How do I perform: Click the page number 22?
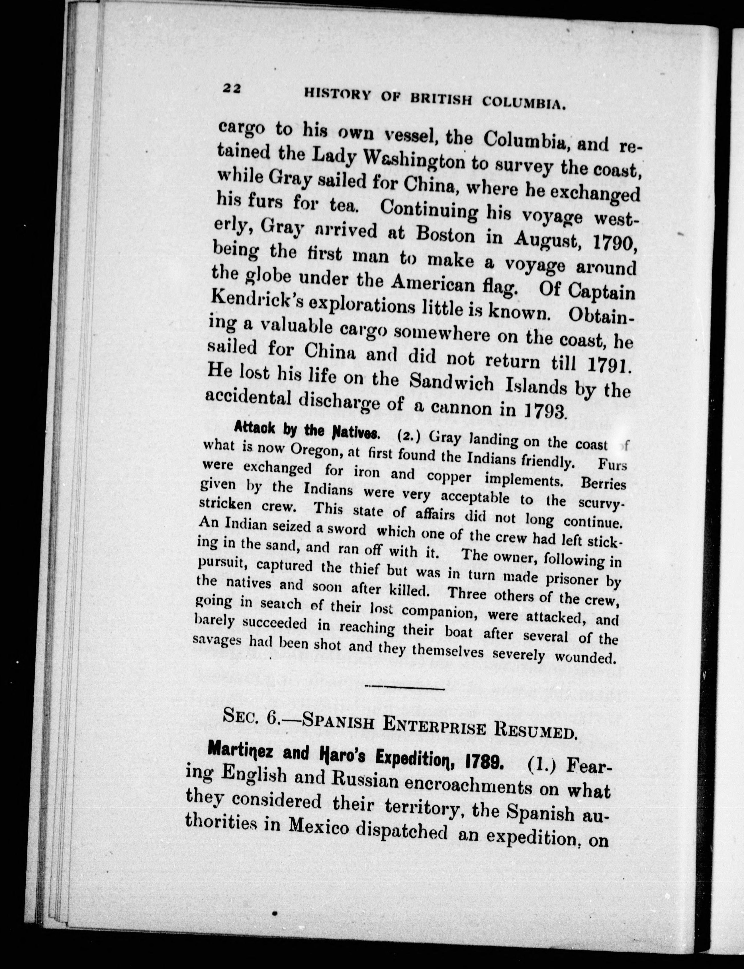coord(231,89)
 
